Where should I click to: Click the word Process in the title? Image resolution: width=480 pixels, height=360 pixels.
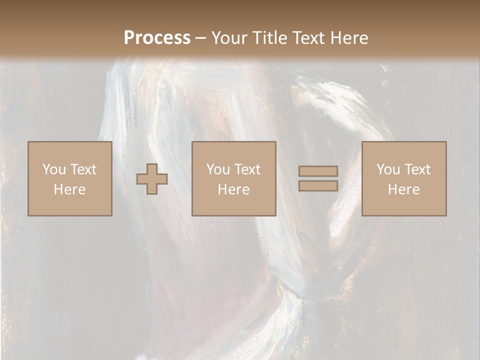tap(157, 38)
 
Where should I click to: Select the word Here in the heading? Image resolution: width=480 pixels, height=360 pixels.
tap(348, 38)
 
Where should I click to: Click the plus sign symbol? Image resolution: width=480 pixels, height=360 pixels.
tap(152, 178)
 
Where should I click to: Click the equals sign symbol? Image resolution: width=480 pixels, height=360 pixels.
tap(318, 178)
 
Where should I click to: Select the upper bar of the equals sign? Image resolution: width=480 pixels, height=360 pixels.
tap(318, 171)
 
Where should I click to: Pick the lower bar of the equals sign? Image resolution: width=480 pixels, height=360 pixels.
tap(318, 185)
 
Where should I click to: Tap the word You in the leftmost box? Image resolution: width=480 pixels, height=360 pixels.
tap(53, 169)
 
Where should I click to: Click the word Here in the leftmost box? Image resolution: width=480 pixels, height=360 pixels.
tap(69, 189)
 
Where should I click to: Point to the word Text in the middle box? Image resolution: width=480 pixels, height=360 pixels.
tap(247, 169)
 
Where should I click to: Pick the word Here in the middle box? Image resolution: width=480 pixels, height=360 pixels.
tap(234, 189)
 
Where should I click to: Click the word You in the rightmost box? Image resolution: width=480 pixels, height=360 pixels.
tap(387, 169)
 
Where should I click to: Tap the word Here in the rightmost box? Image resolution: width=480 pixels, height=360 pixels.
tap(404, 189)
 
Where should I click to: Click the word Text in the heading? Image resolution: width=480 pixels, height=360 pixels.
tap(307, 38)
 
